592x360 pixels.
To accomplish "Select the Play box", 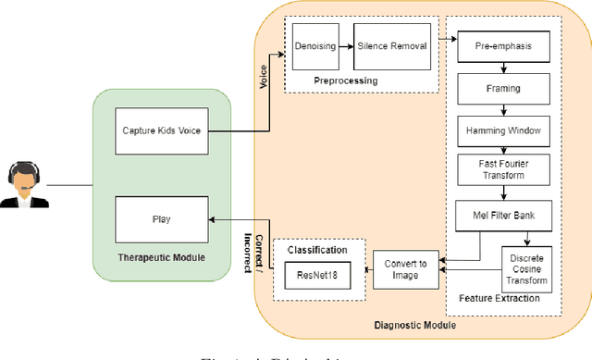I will (160, 219).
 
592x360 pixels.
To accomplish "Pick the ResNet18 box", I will (316, 276).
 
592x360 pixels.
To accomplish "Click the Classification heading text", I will (317, 251).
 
